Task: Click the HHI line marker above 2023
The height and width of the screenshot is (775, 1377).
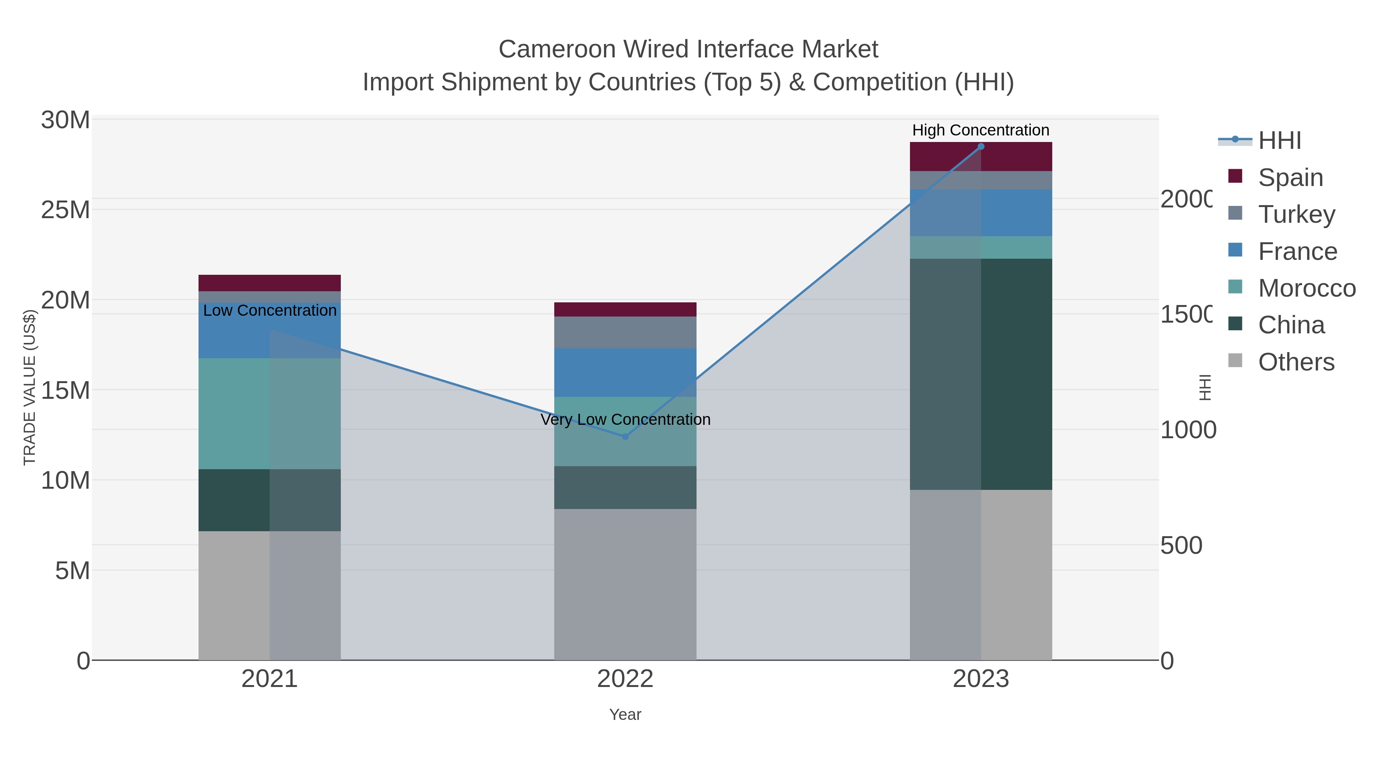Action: pyautogui.click(x=980, y=147)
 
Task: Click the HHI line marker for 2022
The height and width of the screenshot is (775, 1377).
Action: pyautogui.click(x=625, y=436)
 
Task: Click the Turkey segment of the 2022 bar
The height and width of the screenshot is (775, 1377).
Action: pyautogui.click(x=625, y=332)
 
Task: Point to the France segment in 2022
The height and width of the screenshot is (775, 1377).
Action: pyautogui.click(x=625, y=372)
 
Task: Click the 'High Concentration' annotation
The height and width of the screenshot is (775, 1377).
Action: pyautogui.click(x=980, y=130)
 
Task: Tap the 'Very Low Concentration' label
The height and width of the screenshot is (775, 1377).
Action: pyautogui.click(x=625, y=419)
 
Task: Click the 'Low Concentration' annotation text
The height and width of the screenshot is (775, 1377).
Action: pyautogui.click(x=269, y=310)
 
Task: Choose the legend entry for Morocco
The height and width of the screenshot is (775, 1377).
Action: pyautogui.click(x=1307, y=288)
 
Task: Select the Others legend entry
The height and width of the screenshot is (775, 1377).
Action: pyautogui.click(x=1296, y=362)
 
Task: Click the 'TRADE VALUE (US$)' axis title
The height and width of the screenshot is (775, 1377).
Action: pyautogui.click(x=29, y=387)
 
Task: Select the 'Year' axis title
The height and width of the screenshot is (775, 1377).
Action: pyautogui.click(x=625, y=715)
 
